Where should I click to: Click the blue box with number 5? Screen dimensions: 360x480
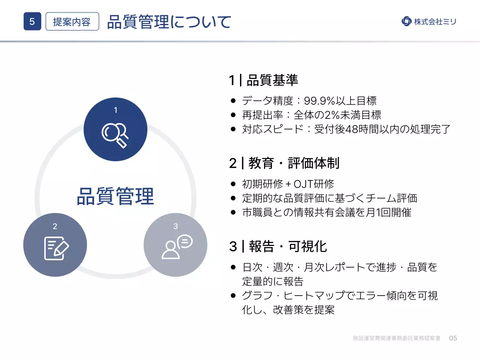32,21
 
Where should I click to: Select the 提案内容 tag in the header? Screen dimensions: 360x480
72,22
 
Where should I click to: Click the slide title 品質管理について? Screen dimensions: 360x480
169,22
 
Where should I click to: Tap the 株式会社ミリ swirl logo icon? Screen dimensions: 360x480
406,21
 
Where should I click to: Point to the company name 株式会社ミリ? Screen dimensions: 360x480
435,22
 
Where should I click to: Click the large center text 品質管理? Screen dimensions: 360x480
115,196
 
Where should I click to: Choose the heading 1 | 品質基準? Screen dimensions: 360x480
264,80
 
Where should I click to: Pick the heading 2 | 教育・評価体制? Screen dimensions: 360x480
284,163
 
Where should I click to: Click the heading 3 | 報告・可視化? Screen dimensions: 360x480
278,246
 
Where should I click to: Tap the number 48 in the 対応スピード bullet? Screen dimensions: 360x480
352,129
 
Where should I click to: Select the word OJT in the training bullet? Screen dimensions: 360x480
303,184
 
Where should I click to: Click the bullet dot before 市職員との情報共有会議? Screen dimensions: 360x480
233,213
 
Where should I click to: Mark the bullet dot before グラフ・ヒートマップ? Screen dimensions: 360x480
233,296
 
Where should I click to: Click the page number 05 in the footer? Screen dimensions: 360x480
453,338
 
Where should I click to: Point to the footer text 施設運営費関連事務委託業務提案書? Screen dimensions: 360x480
396,338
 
